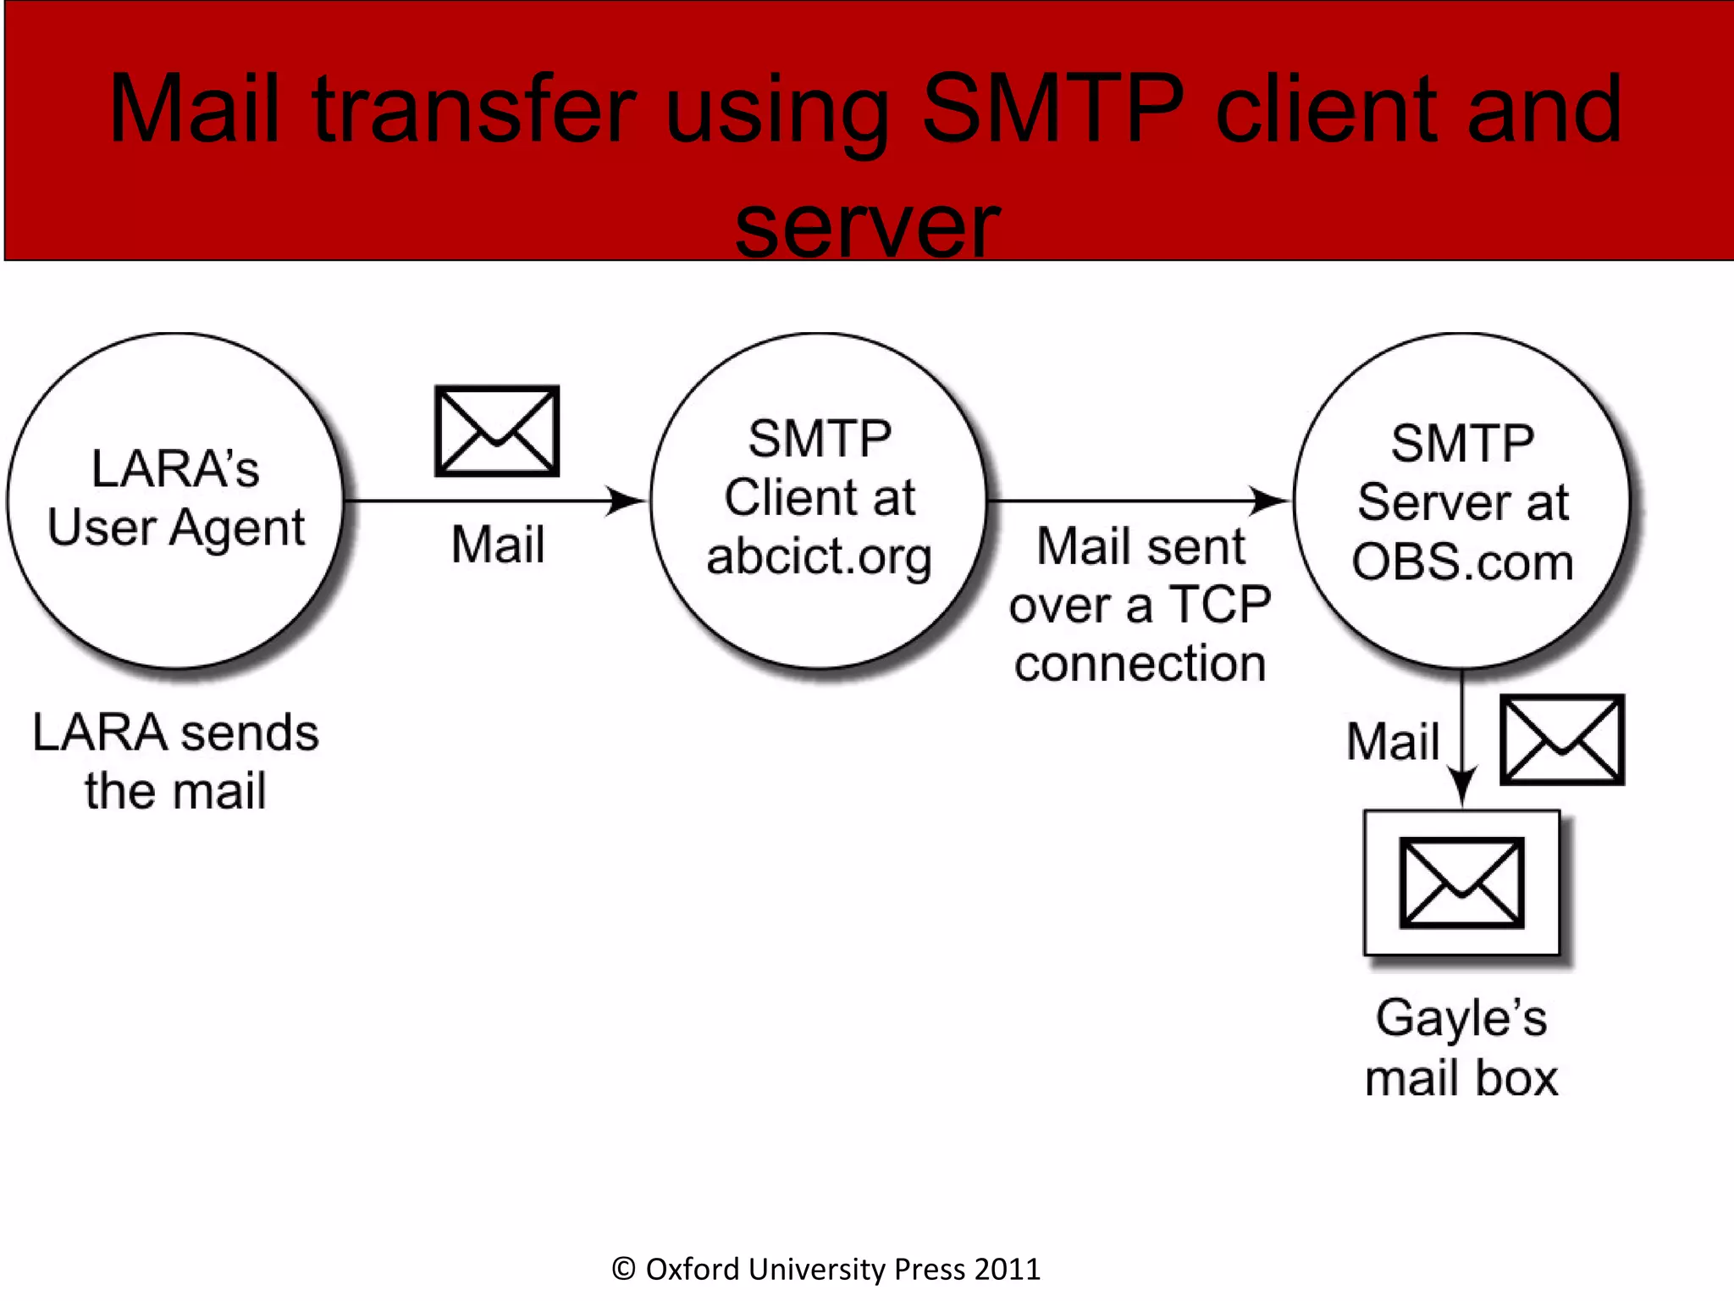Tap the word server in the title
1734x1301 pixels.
point(867,225)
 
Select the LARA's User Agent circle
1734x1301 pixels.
point(175,500)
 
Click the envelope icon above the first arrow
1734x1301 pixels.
point(497,430)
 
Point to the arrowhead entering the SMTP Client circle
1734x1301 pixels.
point(627,501)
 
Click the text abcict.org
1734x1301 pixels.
point(819,556)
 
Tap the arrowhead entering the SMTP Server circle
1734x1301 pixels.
point(1270,501)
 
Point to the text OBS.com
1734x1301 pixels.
point(1462,562)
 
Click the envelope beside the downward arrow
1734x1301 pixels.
point(1562,739)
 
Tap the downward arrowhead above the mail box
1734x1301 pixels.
point(1462,784)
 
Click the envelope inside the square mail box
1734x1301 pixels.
point(1461,883)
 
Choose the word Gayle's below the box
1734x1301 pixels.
point(1461,1017)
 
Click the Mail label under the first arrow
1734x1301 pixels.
point(497,544)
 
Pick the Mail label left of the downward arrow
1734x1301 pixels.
point(1393,741)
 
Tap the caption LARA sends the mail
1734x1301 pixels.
point(175,761)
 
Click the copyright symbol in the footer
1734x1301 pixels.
point(623,1269)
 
